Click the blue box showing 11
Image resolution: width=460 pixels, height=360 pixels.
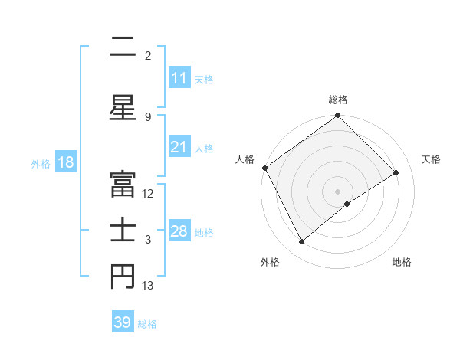click(x=179, y=78)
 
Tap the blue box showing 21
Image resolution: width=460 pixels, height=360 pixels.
click(x=179, y=147)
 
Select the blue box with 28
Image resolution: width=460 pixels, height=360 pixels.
click(x=179, y=231)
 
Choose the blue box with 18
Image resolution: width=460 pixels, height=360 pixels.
click(x=65, y=162)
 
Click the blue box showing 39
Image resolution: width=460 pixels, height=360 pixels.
click(x=123, y=322)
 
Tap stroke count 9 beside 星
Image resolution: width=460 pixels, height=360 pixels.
click(x=147, y=116)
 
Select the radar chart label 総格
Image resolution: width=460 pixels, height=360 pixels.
click(x=338, y=100)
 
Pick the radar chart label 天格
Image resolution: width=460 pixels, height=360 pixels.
click(x=431, y=159)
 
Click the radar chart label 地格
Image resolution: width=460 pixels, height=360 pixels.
click(x=402, y=262)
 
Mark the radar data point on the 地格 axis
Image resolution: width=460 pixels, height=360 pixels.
click(x=347, y=204)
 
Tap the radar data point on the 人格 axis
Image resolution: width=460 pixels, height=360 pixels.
click(x=264, y=168)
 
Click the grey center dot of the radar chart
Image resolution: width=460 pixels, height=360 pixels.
click(x=337, y=190)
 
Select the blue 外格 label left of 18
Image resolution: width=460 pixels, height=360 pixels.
click(x=41, y=163)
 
